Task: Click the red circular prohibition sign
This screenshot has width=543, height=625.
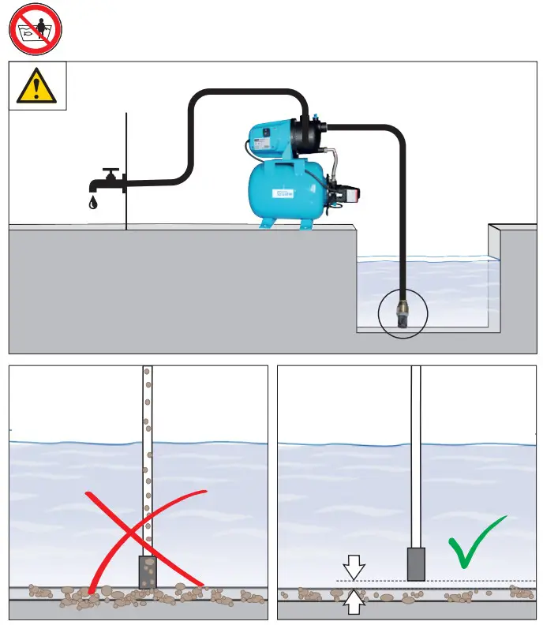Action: click(35, 28)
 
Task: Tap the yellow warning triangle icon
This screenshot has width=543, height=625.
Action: click(36, 86)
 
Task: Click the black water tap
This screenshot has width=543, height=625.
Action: click(109, 182)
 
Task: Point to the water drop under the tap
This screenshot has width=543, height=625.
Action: click(94, 203)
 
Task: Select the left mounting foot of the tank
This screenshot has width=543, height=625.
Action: click(268, 223)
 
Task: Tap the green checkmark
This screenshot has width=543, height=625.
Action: click(476, 543)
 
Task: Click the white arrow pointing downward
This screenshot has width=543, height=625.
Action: click(354, 567)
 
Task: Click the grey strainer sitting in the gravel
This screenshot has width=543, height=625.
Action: click(148, 572)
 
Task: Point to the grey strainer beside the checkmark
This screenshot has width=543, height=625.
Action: click(416, 563)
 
